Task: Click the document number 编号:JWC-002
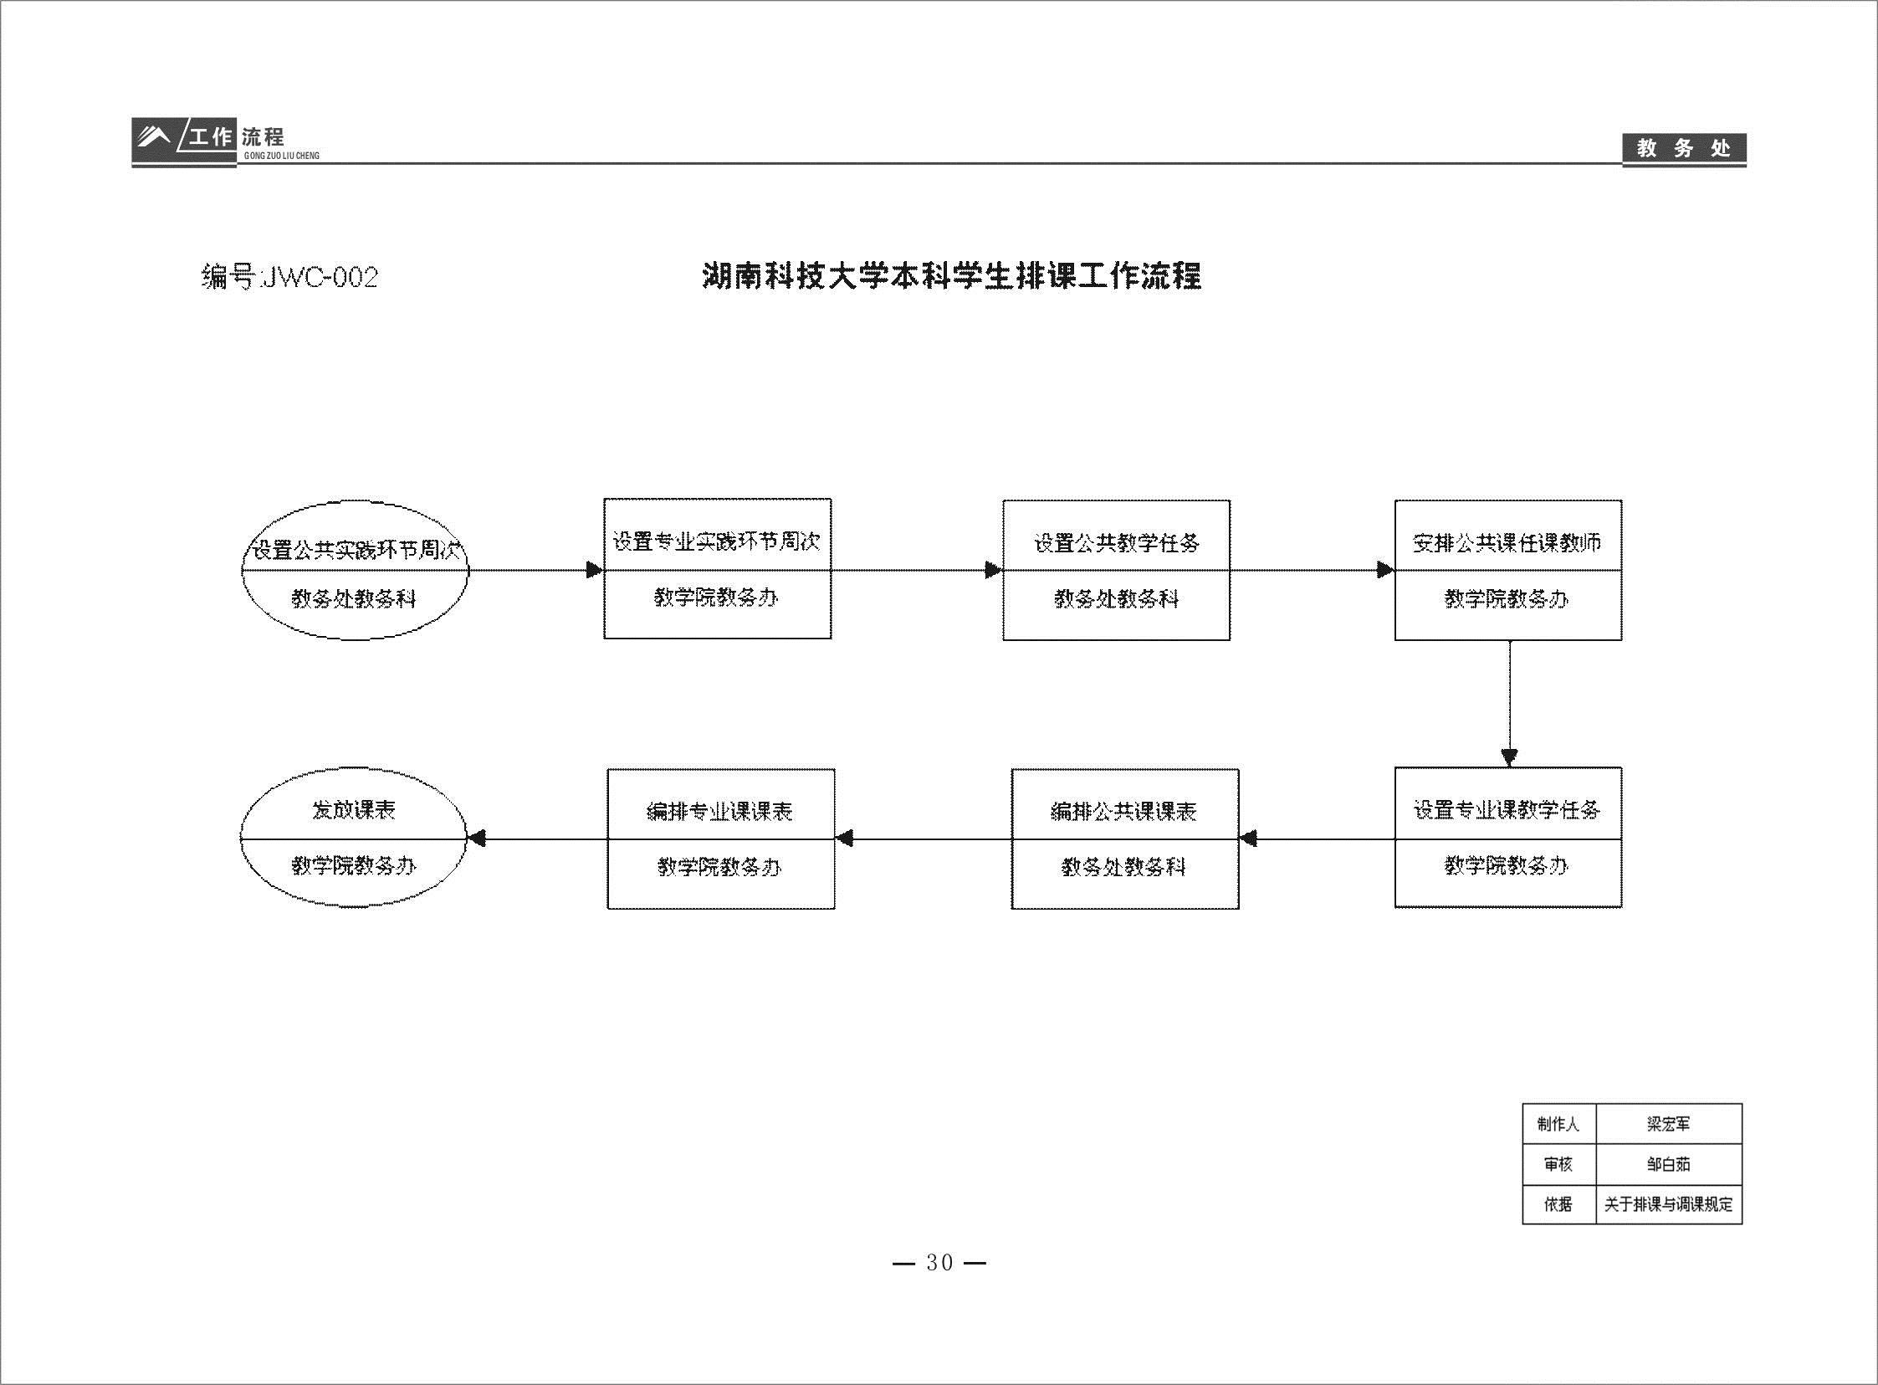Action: pos(289,277)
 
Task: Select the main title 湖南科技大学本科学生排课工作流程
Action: pos(951,276)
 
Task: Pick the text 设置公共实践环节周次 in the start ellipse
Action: pos(356,550)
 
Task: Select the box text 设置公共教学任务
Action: pos(1116,543)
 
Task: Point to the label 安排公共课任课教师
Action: pos(1507,542)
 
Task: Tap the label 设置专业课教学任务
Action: pos(1507,809)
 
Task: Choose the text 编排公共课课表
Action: pos(1123,811)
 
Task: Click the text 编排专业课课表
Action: pos(720,811)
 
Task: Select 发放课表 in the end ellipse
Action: pos(353,809)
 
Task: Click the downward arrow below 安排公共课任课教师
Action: pos(1509,705)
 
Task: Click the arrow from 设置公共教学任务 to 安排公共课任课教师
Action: pos(1313,570)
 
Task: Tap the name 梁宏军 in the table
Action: pos(1668,1123)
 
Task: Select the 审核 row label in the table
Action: pos(1558,1164)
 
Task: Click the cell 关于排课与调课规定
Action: pos(1668,1204)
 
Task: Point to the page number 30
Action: pos(939,1263)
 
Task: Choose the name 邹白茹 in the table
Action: pos(1668,1164)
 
